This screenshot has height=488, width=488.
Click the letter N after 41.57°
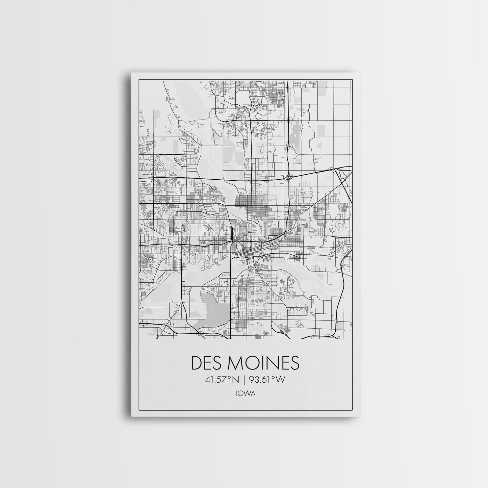[x=235, y=380]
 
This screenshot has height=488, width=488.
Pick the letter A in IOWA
[x=253, y=393]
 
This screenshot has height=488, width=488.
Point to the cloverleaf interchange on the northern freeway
[x=290, y=176]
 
